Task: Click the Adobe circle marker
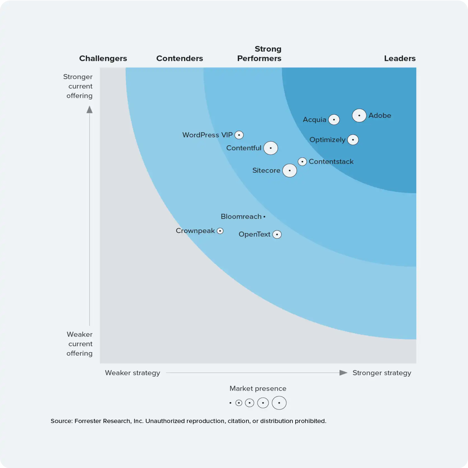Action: click(x=359, y=115)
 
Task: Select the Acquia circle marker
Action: click(x=334, y=120)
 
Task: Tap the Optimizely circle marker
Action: click(x=353, y=140)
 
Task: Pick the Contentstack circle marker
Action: click(x=302, y=161)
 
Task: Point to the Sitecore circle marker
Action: click(x=290, y=170)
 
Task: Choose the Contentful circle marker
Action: click(x=271, y=148)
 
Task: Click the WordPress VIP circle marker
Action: click(x=239, y=135)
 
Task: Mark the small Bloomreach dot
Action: click(x=264, y=217)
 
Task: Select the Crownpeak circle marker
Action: click(x=220, y=231)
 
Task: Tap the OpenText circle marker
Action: click(x=277, y=234)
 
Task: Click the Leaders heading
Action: click(x=400, y=58)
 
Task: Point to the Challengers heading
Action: click(x=103, y=58)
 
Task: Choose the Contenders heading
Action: click(x=179, y=58)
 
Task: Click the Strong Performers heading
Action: click(x=259, y=54)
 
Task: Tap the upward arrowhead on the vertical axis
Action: click(x=89, y=110)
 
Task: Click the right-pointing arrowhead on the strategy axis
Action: click(x=343, y=373)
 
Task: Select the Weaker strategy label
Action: click(x=133, y=373)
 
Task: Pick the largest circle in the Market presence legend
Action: click(x=279, y=403)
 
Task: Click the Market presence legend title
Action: click(x=258, y=388)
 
